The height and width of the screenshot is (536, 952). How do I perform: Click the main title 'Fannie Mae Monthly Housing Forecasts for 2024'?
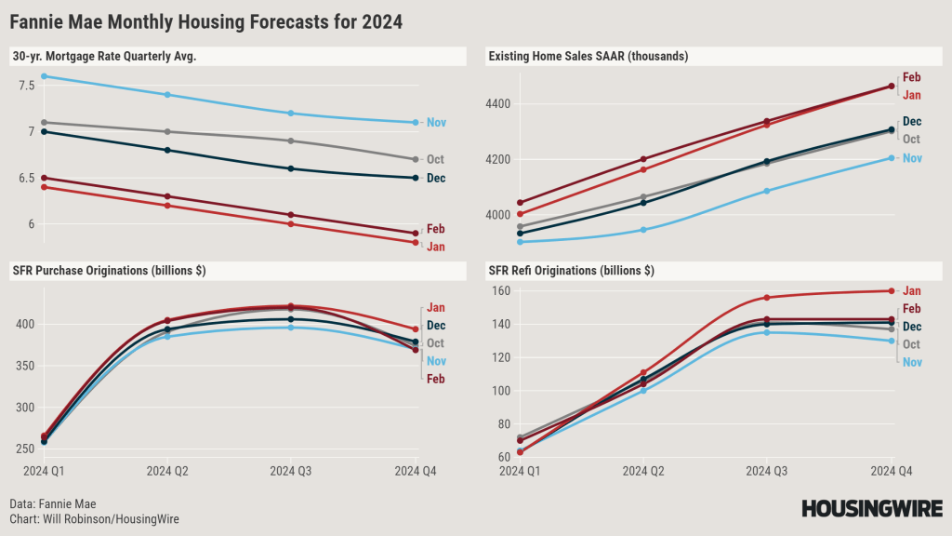206,20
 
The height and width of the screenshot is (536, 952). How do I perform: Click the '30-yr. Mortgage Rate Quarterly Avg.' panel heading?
104,57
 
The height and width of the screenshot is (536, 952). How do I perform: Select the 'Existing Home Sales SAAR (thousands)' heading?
588,57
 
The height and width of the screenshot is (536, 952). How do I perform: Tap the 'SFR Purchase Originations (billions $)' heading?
109,271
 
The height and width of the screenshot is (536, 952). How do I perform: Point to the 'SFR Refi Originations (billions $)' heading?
571,271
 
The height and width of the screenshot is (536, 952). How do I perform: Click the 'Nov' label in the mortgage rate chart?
436,122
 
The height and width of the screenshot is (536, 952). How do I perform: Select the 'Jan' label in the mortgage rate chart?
435,247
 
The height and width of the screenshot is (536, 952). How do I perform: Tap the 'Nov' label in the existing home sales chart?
912,158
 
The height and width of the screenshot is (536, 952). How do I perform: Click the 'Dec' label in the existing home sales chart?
912,121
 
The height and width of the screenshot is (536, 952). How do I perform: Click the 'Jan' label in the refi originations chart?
912,290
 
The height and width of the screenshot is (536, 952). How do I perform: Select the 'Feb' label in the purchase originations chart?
435,379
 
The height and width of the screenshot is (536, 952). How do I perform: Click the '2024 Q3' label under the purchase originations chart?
290,472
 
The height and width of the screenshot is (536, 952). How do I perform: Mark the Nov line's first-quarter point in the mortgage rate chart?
45,76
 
